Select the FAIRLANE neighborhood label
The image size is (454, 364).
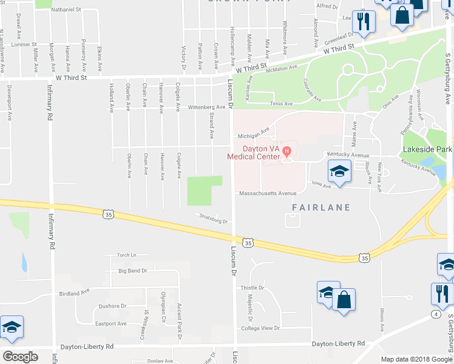(x=321, y=207)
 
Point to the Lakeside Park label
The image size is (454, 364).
(x=427, y=149)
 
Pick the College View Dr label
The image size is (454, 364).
(x=260, y=328)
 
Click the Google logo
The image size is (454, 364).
(x=19, y=357)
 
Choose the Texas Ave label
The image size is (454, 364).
(x=281, y=104)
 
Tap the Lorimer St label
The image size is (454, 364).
(x=24, y=44)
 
